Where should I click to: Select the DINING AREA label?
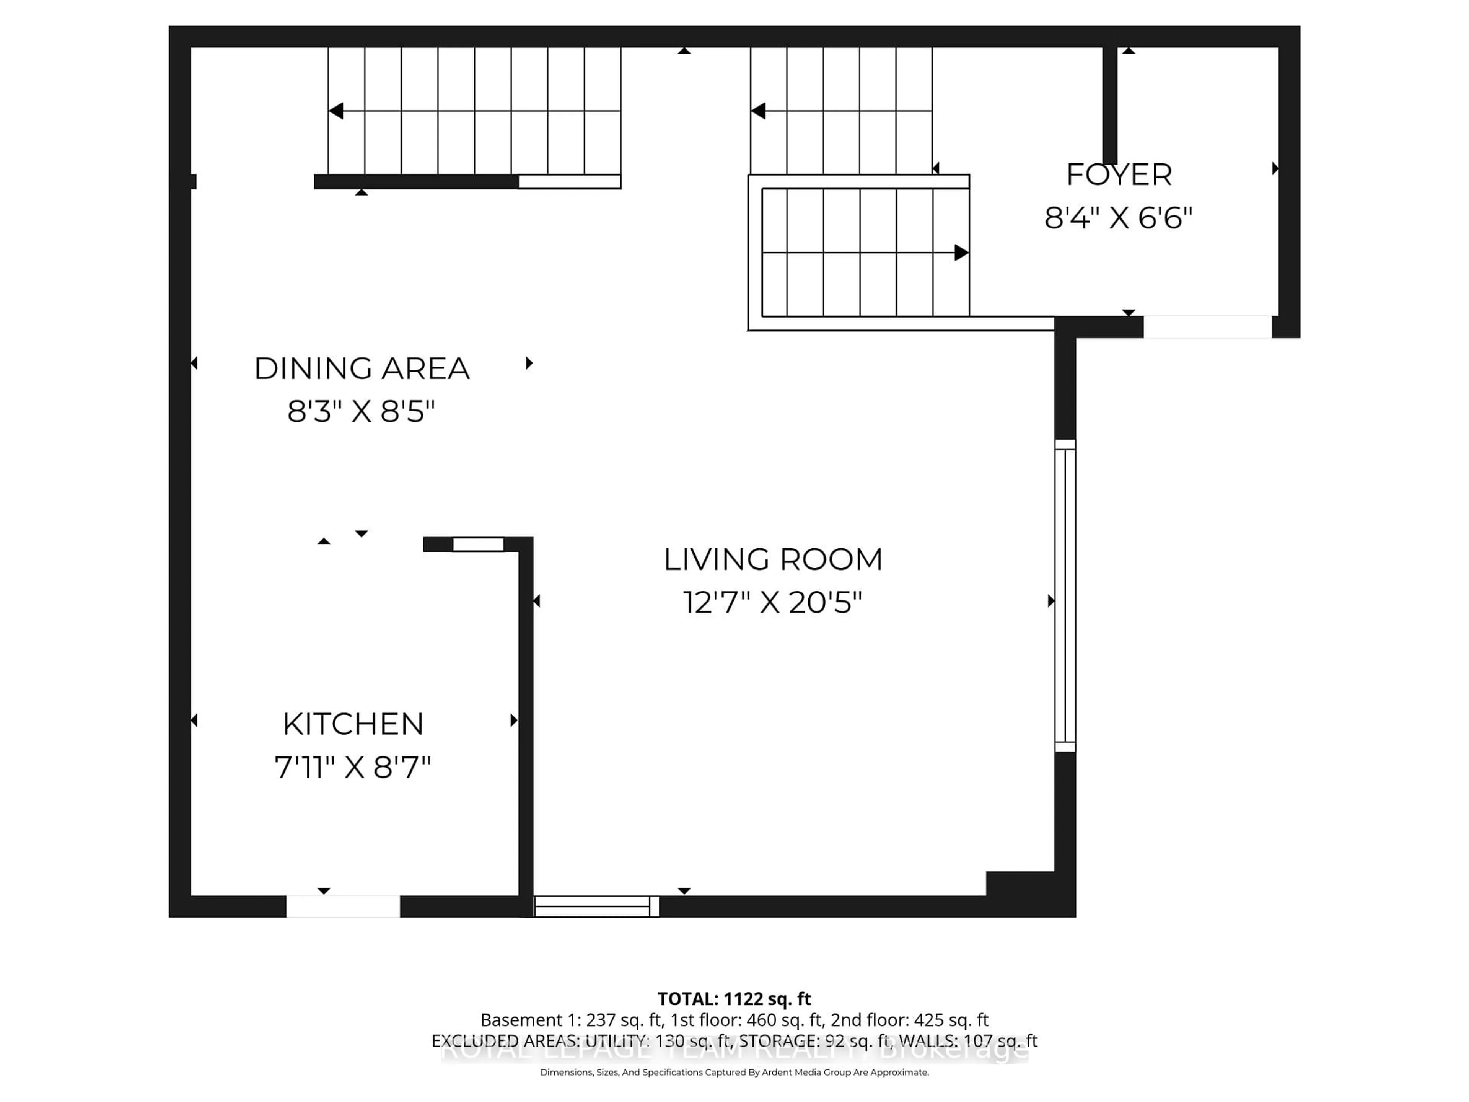(x=362, y=368)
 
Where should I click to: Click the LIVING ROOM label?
(x=773, y=559)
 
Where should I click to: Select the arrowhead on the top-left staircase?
(x=336, y=111)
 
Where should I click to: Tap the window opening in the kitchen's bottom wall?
(x=343, y=906)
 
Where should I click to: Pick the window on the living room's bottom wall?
(x=596, y=906)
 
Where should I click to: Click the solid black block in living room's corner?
(x=1020, y=884)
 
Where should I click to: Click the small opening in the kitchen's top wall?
(x=478, y=544)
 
